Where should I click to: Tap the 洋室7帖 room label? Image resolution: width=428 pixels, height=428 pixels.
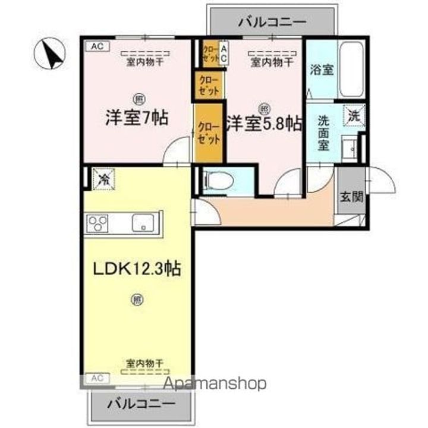tap(137, 117)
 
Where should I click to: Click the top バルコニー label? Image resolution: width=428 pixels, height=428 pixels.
tap(272, 23)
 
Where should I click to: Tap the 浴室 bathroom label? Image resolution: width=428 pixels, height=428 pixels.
tap(321, 69)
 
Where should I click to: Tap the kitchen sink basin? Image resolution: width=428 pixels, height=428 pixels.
tap(143, 222)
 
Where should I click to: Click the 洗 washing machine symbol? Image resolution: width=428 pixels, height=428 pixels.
tap(354, 114)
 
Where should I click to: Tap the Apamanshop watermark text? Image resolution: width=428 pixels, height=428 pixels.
tap(215, 384)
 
